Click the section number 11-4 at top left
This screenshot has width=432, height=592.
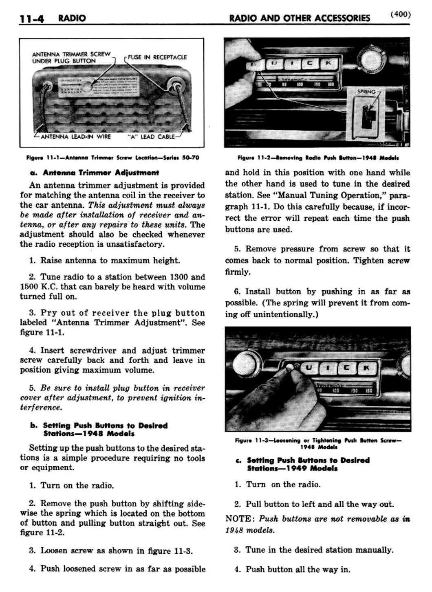pos(32,19)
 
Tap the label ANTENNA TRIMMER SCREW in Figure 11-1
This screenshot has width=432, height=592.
pos(71,54)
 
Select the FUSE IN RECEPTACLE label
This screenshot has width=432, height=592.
pos(157,57)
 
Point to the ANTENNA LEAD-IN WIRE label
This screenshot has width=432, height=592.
pos(76,137)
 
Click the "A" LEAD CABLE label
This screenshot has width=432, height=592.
pos(151,137)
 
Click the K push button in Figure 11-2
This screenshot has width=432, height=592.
pos(329,64)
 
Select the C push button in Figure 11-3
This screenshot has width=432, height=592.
pos(347,368)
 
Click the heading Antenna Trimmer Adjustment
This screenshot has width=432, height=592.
pos(95,173)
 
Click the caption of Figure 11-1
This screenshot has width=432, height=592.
pos(113,158)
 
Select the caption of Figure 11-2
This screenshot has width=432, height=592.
pos(318,158)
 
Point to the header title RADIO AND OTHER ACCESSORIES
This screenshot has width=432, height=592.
pos(300,18)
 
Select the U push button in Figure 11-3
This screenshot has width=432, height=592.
pos(309,368)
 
